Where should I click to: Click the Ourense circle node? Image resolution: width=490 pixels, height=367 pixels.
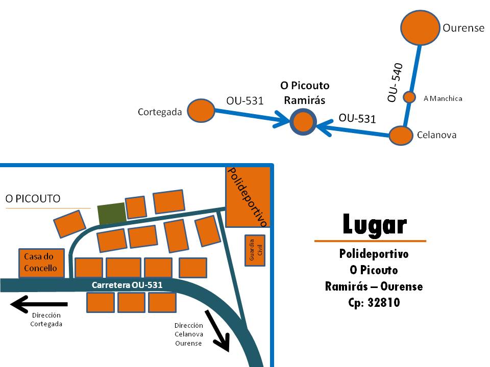(x=420, y=28)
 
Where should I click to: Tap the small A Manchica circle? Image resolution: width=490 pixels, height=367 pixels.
(x=409, y=97)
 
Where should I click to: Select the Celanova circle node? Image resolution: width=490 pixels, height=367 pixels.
(x=401, y=136)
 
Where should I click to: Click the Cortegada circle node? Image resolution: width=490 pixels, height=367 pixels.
(x=200, y=111)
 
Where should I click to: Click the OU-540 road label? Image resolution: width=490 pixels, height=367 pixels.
(x=396, y=82)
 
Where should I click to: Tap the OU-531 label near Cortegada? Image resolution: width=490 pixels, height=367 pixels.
(x=245, y=101)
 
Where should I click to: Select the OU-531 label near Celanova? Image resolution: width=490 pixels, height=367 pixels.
(x=357, y=118)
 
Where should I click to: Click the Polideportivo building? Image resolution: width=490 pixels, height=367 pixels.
(x=248, y=197)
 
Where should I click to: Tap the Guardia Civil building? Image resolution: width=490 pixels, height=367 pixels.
(x=255, y=251)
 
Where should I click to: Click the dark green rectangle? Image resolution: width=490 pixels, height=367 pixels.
(x=111, y=213)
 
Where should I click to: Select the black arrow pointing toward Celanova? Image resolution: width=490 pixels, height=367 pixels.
(x=218, y=330)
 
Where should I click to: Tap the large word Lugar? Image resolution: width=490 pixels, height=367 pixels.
(x=374, y=225)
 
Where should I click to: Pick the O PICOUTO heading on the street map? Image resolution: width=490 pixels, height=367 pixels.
(x=33, y=198)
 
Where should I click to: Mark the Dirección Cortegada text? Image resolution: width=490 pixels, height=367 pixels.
(x=46, y=320)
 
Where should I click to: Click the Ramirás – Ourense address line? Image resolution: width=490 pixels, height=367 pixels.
(x=374, y=286)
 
